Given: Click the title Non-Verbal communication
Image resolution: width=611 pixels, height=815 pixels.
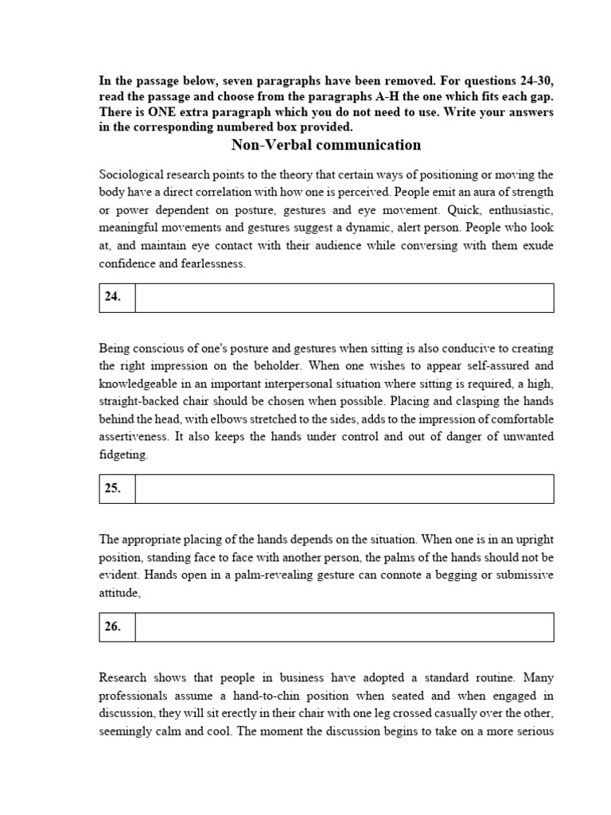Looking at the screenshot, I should pos(325,145).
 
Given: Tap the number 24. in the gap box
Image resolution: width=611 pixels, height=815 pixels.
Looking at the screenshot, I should pos(113,297).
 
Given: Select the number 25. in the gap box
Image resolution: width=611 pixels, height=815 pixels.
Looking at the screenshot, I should pos(113,489).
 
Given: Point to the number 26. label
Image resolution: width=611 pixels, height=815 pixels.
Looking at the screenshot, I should pos(113,626).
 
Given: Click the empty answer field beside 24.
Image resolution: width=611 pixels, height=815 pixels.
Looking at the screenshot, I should pos(344,297).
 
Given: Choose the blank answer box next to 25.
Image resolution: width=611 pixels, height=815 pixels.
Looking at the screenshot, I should pos(344,489).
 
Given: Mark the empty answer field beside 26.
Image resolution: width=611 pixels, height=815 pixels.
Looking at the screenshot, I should pos(344,626).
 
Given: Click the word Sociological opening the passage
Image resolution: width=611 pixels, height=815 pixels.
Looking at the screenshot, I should pos(129,174).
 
